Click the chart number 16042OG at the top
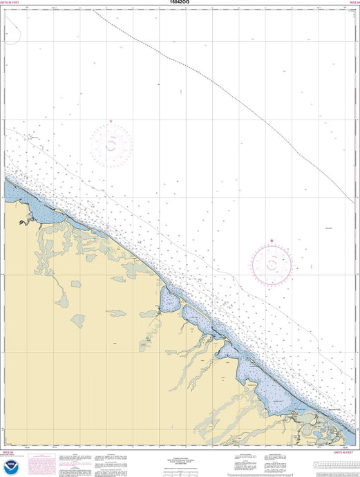(x=180, y=3)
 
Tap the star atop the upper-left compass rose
(x=111, y=122)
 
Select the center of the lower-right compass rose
(x=272, y=263)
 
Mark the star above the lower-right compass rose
(x=272, y=241)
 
